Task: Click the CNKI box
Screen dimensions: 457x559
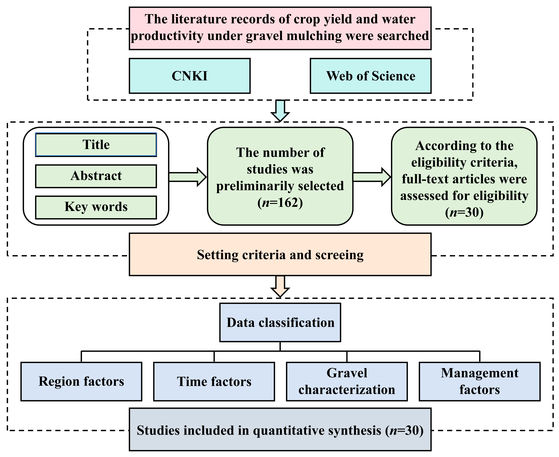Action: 190,76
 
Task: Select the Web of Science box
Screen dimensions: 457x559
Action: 370,76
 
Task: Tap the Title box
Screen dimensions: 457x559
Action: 96,145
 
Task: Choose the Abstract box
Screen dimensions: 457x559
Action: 96,176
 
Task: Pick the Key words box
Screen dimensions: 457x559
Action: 96,207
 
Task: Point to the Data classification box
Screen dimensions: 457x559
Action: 280,322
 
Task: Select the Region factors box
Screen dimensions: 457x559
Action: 81,381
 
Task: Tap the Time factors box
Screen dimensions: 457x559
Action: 214,381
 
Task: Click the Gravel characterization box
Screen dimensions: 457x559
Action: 347,381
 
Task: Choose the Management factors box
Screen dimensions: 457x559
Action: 479,381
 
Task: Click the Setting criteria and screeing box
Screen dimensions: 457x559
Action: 280,255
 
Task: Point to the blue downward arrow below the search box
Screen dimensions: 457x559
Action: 280,111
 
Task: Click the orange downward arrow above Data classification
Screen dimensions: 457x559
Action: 280,286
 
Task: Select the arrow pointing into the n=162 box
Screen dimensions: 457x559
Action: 188,177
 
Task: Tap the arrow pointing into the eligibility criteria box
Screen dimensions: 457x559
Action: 371,177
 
